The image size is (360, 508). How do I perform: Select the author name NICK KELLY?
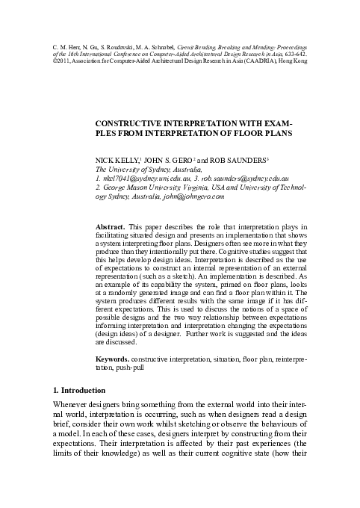point(118,160)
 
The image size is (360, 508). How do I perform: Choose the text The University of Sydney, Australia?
point(146,170)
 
